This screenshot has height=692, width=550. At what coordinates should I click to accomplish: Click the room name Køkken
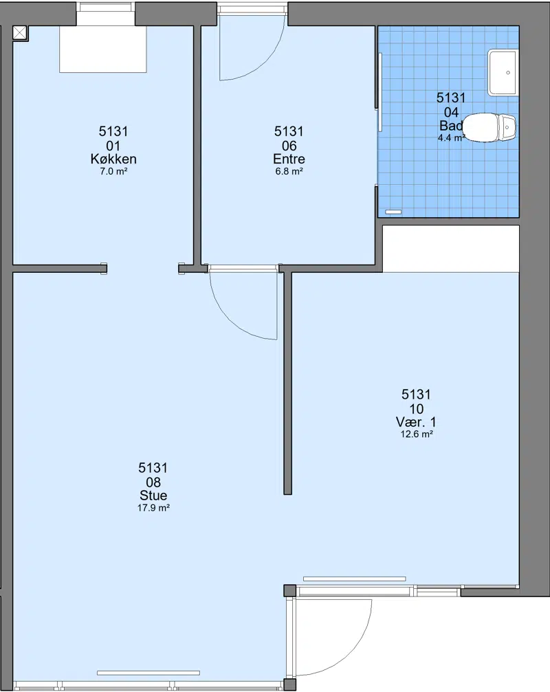tap(113, 159)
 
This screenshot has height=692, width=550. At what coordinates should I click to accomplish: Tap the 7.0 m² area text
tap(113, 171)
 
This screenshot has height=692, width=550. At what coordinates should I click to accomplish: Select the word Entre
tap(289, 159)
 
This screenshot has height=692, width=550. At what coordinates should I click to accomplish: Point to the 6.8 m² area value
tap(289, 171)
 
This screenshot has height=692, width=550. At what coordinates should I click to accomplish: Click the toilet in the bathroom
tap(490, 128)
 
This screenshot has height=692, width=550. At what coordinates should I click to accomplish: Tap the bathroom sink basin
tap(503, 73)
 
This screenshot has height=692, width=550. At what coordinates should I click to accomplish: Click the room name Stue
tap(153, 495)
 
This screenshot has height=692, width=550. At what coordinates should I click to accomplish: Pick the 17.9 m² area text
tap(153, 508)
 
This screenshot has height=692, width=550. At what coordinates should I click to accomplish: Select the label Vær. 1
tap(416, 421)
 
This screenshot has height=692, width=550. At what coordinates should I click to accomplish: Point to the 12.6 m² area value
tap(416, 434)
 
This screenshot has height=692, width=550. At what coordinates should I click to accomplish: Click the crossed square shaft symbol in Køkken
tap(20, 33)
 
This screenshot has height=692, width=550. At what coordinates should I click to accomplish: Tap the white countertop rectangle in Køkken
tap(103, 49)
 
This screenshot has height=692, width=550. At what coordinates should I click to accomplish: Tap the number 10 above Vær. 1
tap(416, 409)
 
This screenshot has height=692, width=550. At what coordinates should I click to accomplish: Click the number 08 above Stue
tap(153, 482)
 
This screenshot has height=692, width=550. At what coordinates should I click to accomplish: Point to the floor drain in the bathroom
tap(393, 212)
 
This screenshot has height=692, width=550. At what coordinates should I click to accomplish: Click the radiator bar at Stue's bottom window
tap(148, 673)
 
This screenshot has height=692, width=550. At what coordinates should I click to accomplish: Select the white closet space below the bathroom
tap(451, 249)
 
